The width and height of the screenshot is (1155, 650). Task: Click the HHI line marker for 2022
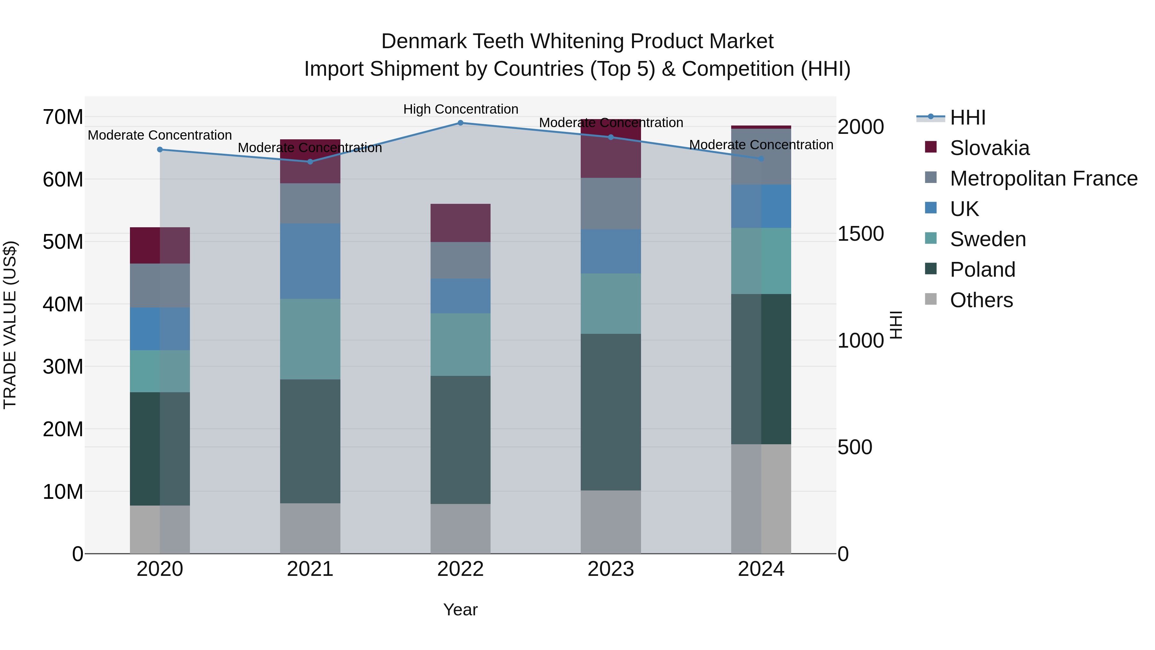460,123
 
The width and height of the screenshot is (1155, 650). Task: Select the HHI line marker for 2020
160,149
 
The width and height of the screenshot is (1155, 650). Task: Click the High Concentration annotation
460,109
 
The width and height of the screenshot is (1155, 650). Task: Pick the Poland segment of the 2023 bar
611,412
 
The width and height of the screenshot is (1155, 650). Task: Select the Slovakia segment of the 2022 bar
460,223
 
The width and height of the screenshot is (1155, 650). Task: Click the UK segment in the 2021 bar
310,261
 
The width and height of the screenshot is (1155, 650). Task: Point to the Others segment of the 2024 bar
761,498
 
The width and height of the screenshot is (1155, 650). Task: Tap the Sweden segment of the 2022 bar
460,344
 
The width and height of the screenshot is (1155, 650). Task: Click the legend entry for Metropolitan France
1043,178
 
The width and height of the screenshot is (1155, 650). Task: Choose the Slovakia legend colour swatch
931,147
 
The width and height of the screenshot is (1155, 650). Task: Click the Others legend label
981,300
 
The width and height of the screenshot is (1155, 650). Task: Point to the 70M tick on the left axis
63,117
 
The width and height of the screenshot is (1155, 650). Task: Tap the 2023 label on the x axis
611,569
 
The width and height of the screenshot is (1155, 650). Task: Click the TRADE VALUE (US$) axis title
10,325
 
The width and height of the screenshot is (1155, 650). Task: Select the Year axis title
460,610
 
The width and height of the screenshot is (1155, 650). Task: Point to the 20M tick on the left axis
63,429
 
